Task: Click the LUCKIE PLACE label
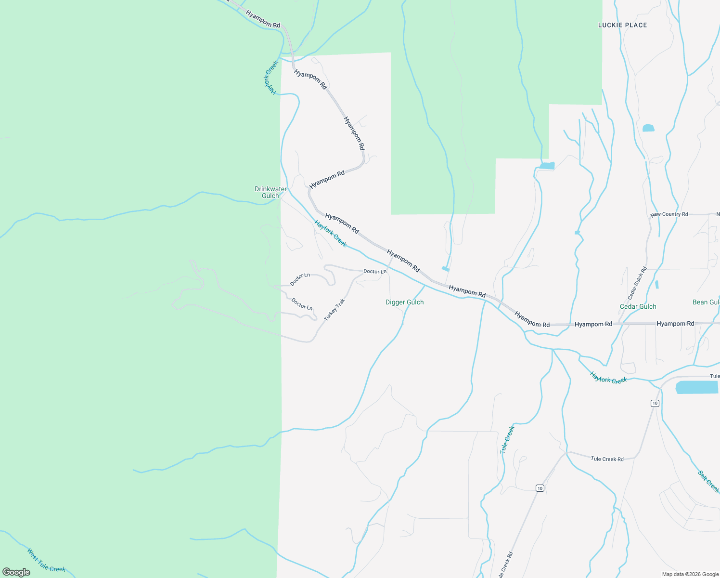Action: (622, 25)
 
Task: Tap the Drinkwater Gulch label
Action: (270, 192)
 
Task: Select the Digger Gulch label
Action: (404, 302)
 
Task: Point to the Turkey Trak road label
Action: (334, 310)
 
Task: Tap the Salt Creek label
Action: (708, 482)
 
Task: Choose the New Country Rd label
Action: (669, 214)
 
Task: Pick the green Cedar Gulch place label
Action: (638, 306)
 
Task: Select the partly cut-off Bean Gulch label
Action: (706, 302)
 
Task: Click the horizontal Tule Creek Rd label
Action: (607, 459)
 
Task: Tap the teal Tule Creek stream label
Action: (507, 439)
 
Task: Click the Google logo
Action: (16, 572)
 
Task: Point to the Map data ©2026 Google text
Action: (690, 574)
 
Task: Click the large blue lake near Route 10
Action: (696, 387)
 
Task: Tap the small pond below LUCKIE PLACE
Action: (648, 128)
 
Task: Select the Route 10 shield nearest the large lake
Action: (655, 403)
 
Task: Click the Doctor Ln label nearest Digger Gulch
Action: (374, 272)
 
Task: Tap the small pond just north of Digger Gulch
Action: (446, 269)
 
